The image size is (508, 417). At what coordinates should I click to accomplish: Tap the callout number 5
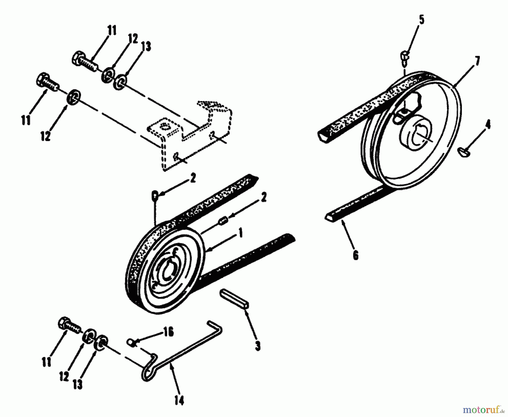(x=421, y=20)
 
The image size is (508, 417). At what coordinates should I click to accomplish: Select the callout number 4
(x=488, y=124)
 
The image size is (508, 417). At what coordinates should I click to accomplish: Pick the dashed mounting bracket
(x=192, y=133)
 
